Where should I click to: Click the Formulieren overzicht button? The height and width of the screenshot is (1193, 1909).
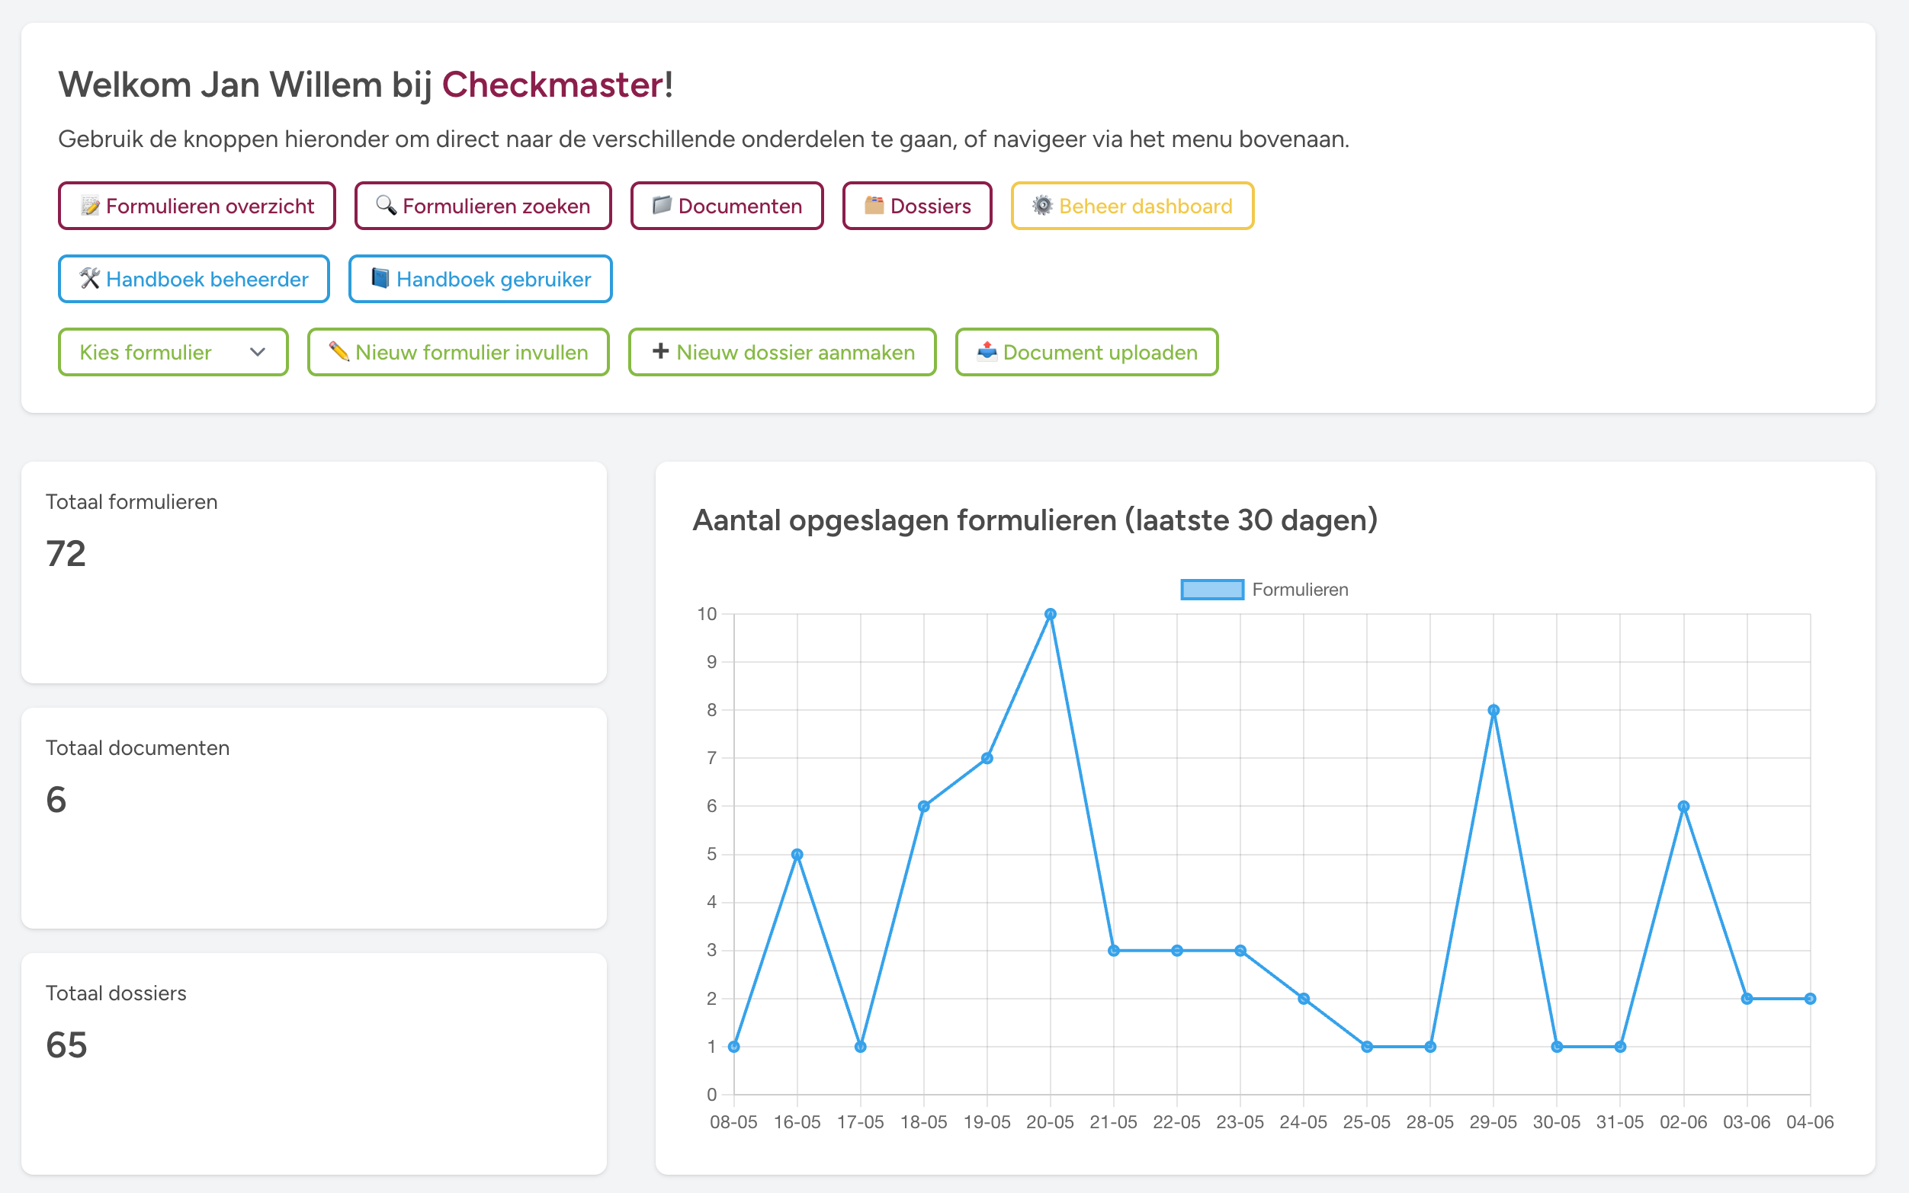tap(197, 206)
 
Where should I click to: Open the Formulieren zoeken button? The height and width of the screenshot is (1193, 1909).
tap(483, 206)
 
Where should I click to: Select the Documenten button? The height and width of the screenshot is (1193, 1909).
tap(727, 206)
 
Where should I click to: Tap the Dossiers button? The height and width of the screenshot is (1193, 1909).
tap(916, 206)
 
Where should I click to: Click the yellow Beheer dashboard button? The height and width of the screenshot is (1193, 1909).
tap(1131, 206)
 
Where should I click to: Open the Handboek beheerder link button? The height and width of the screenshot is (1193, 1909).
tap(194, 280)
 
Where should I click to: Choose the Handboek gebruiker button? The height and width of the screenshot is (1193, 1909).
tap(480, 280)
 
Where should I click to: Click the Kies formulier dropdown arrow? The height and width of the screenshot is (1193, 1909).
tap(258, 353)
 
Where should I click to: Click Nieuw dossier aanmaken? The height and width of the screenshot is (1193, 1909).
tap(781, 353)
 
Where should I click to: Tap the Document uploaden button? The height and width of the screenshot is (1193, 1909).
tap(1086, 353)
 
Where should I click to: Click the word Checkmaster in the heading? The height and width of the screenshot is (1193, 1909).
tap(553, 85)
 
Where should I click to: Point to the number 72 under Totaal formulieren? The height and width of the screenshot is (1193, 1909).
tap(66, 554)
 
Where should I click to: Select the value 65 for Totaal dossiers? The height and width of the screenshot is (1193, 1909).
tap(66, 1045)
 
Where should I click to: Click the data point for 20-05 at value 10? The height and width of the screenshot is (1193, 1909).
tap(1050, 614)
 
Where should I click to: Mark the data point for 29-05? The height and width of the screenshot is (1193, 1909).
tap(1493, 710)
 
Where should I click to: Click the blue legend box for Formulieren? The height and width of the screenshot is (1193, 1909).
tap(1212, 590)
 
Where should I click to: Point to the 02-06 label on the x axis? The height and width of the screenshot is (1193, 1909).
tap(1683, 1122)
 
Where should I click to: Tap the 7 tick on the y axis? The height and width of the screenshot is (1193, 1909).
tap(711, 758)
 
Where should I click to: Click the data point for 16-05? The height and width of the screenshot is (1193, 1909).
tap(797, 855)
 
